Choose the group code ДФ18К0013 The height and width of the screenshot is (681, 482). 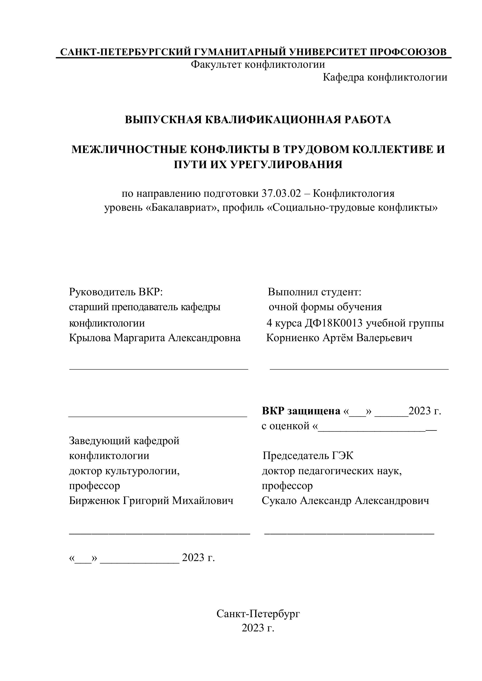click(x=334, y=323)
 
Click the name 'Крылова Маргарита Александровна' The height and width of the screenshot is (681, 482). click(x=155, y=338)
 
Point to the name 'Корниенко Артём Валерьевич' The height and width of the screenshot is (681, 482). click(x=339, y=338)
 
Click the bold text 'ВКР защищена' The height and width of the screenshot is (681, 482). click(x=301, y=411)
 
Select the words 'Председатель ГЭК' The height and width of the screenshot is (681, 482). click(x=308, y=456)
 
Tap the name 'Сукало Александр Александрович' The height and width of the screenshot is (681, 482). click(x=345, y=501)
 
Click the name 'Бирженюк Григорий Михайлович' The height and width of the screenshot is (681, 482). click(x=151, y=501)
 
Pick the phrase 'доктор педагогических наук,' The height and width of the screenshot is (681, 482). click(x=332, y=471)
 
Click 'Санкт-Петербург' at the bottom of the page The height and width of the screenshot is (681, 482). click(x=258, y=614)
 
